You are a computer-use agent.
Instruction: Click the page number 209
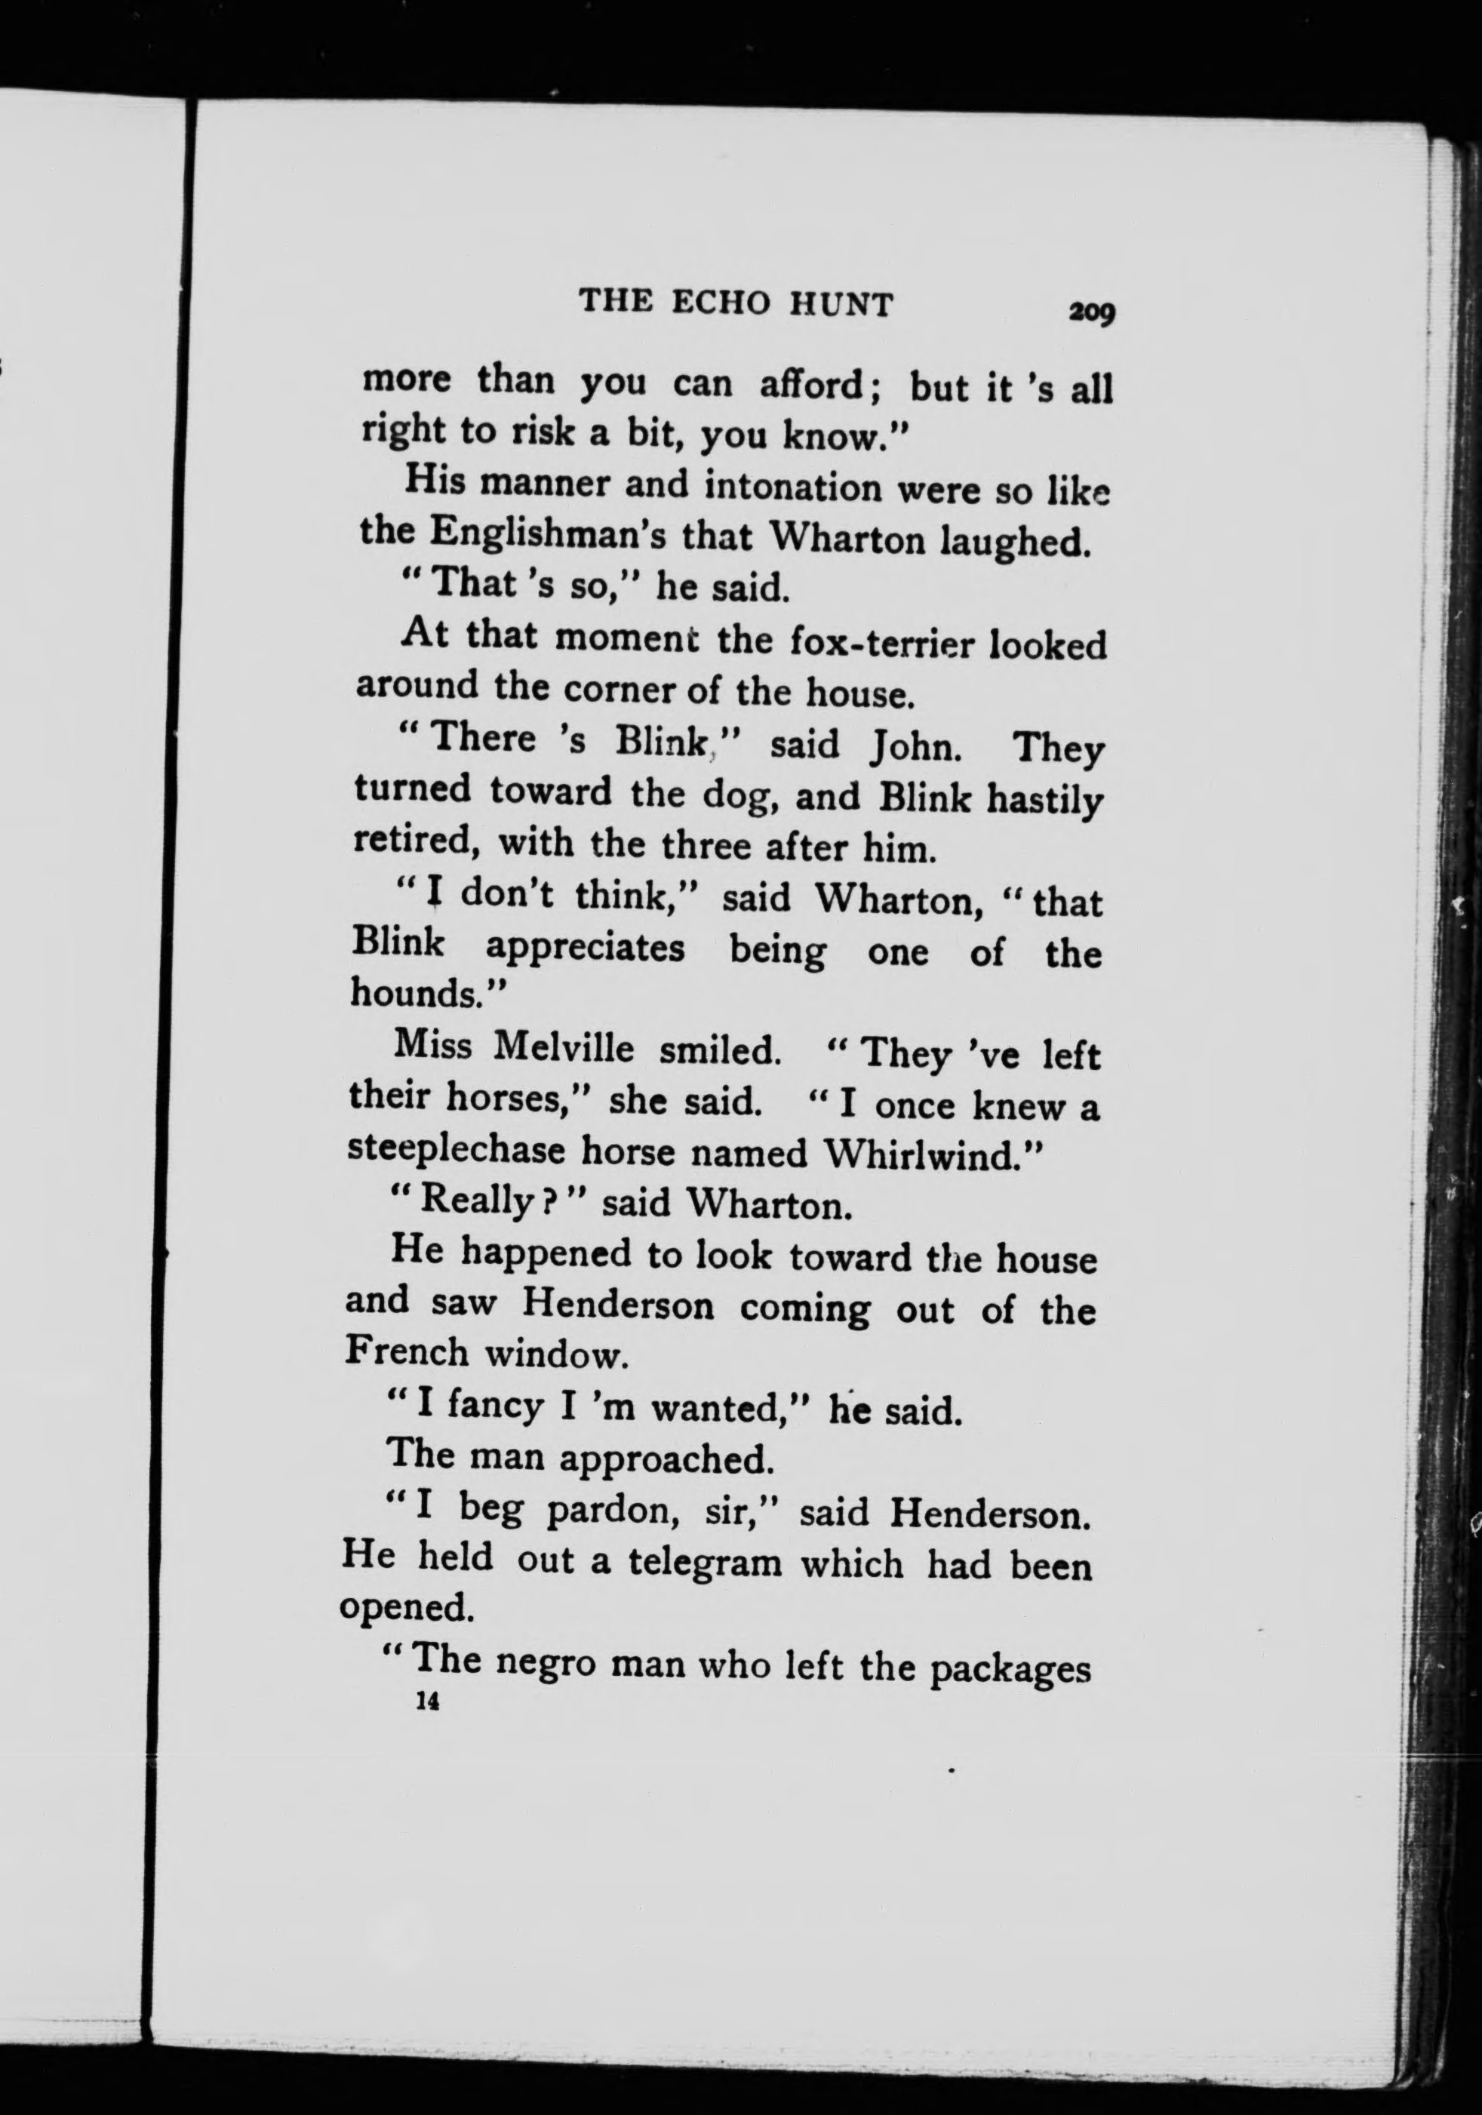[1091, 312]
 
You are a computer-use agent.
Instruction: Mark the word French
[407, 1351]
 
